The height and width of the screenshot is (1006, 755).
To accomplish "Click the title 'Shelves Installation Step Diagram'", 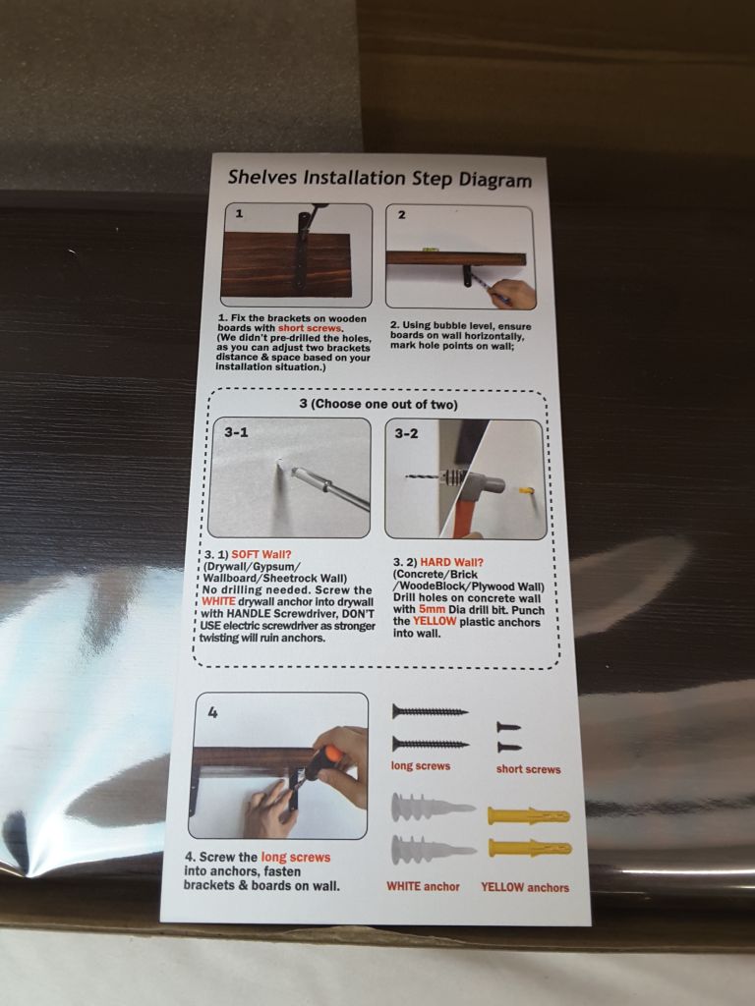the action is click(379, 178).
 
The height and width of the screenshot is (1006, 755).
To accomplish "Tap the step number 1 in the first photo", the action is click(239, 213).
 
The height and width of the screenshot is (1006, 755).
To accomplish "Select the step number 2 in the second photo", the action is click(401, 215).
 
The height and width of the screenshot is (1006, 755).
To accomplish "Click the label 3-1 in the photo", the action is click(236, 432).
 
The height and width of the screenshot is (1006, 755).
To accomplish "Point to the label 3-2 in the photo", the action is click(406, 433).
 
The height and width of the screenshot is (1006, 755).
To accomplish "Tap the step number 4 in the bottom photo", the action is click(213, 711).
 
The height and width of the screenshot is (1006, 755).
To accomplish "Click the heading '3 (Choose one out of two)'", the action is click(378, 404).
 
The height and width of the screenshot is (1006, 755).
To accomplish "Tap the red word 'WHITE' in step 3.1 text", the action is click(218, 602).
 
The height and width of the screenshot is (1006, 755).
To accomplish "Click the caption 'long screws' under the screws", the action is click(421, 766).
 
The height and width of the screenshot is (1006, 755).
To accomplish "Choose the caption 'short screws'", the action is click(528, 769).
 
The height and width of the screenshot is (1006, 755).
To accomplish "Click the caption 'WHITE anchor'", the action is click(423, 887).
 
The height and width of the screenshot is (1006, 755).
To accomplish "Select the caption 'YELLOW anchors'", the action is click(525, 888).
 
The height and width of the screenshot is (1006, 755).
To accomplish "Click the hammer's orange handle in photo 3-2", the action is click(462, 520).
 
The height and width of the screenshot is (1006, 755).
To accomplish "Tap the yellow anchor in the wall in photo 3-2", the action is click(527, 491).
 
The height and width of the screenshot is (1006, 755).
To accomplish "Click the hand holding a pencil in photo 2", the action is click(513, 294).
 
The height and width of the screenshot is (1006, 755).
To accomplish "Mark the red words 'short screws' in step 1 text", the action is click(310, 328).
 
